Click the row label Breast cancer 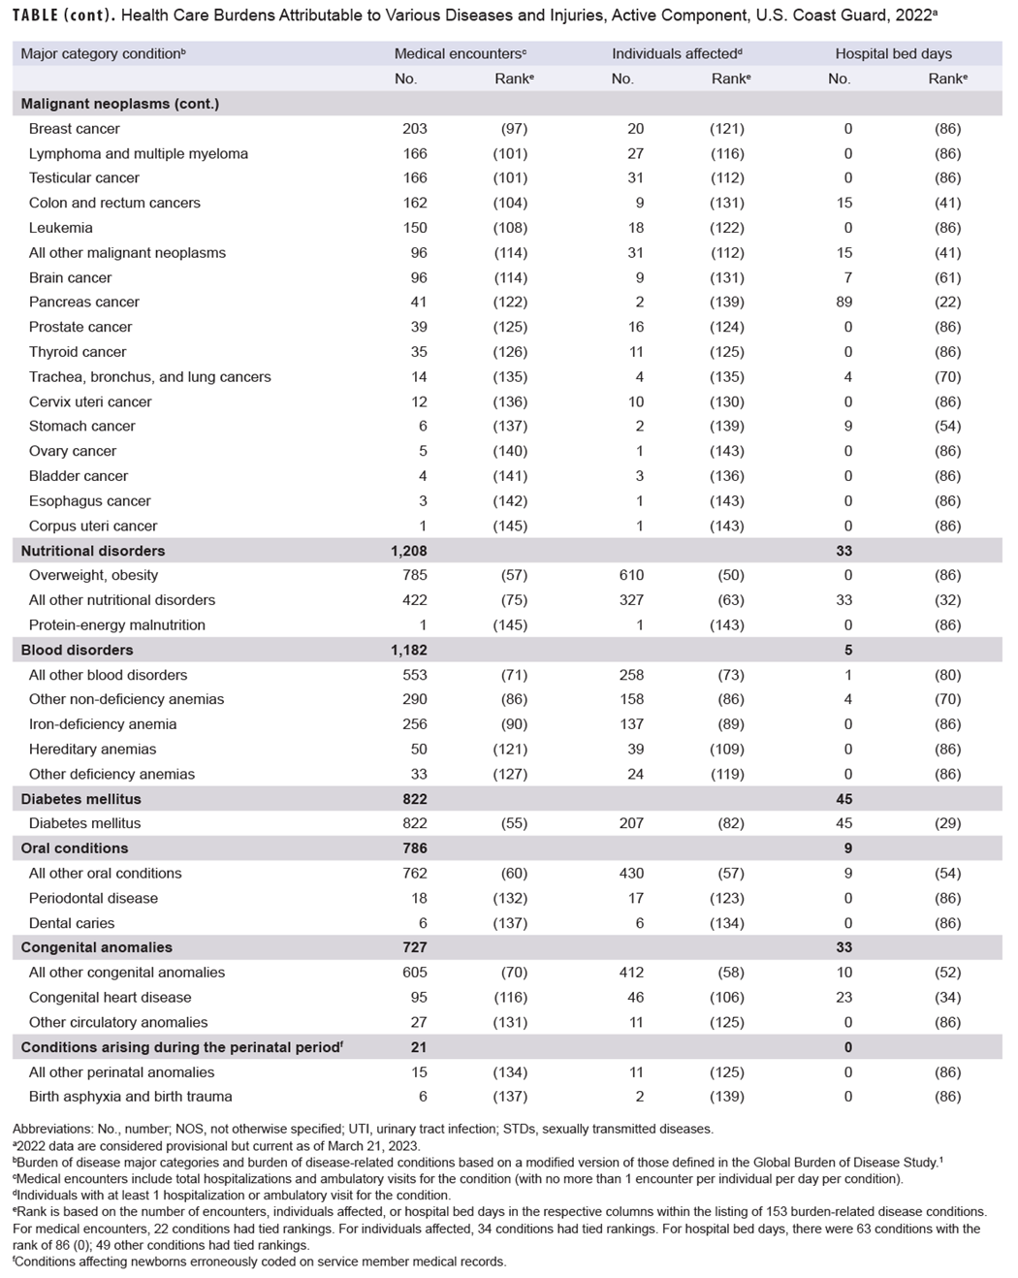(x=75, y=129)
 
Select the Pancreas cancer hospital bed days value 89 (x=843, y=303)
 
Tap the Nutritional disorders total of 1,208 (x=408, y=551)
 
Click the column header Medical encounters (x=460, y=54)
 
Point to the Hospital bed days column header (x=893, y=54)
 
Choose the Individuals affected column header (x=677, y=54)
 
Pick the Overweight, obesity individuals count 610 (x=630, y=575)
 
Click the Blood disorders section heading (x=77, y=650)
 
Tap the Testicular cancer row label (x=84, y=178)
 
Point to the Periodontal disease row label (x=93, y=898)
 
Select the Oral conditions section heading (x=75, y=848)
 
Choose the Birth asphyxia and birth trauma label (x=130, y=1097)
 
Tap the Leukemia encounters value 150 (x=414, y=228)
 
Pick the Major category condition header (x=103, y=54)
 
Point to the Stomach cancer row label (x=82, y=427)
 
